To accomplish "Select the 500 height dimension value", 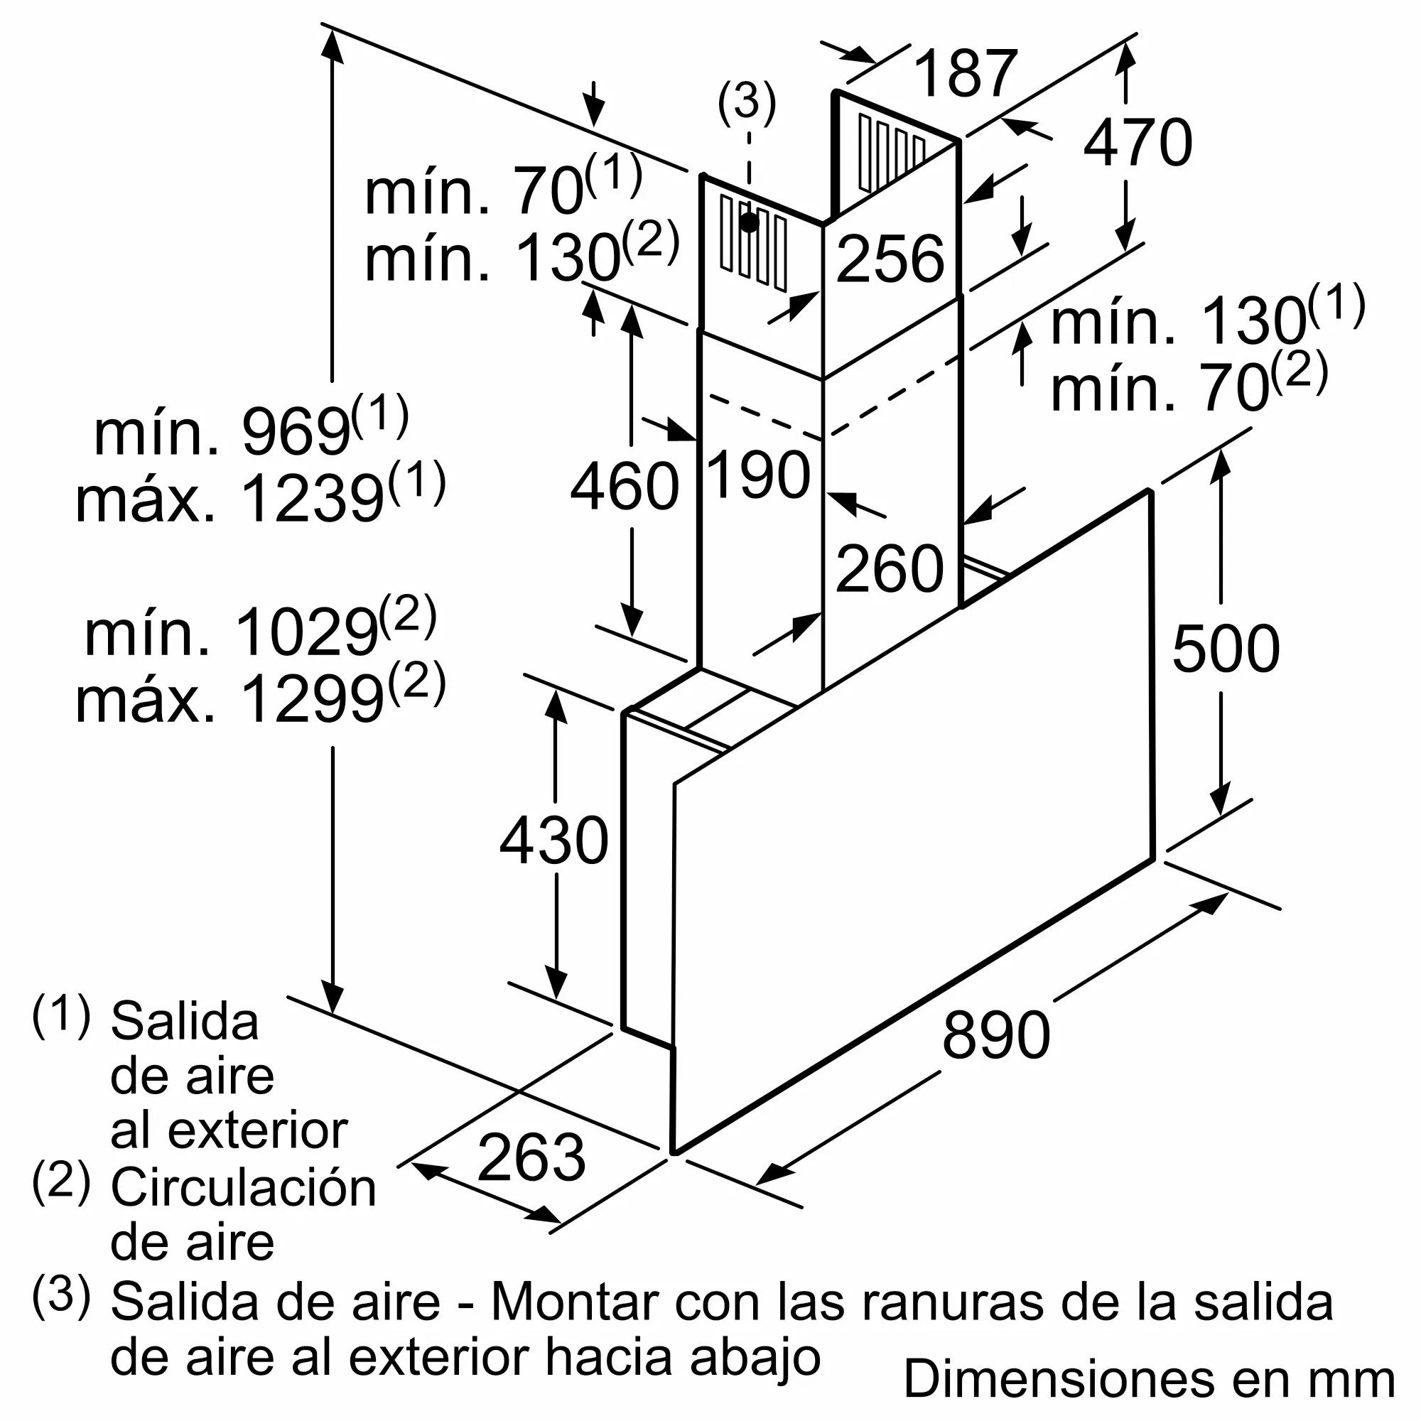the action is pos(1226,649).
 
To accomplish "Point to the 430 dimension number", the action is pos(554,840).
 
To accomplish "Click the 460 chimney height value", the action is pos(625,486).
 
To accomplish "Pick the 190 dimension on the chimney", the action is pos(758,475).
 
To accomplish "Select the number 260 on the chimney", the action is pos(890,568).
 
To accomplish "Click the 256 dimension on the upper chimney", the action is pos(890,259).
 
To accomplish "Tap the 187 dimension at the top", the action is pos(965,74).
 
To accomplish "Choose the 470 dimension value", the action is pos(1138,143).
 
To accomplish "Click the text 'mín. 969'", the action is pos(221,434).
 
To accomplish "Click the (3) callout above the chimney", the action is pos(747,102).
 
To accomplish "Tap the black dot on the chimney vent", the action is pos(750,223).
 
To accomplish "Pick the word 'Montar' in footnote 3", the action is pos(573,1302).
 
